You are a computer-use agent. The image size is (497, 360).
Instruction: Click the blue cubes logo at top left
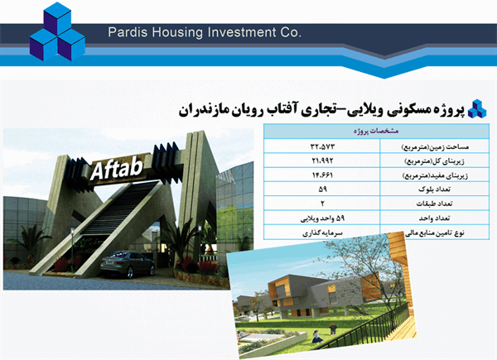(57, 32)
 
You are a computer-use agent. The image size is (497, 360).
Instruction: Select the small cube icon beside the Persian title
(476, 108)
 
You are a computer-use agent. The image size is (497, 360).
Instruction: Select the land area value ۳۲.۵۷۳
(322, 146)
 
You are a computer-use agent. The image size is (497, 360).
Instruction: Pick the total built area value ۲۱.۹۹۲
(322, 161)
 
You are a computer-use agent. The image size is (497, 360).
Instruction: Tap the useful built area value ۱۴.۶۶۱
(322, 175)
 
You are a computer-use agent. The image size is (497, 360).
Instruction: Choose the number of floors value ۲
(322, 204)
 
